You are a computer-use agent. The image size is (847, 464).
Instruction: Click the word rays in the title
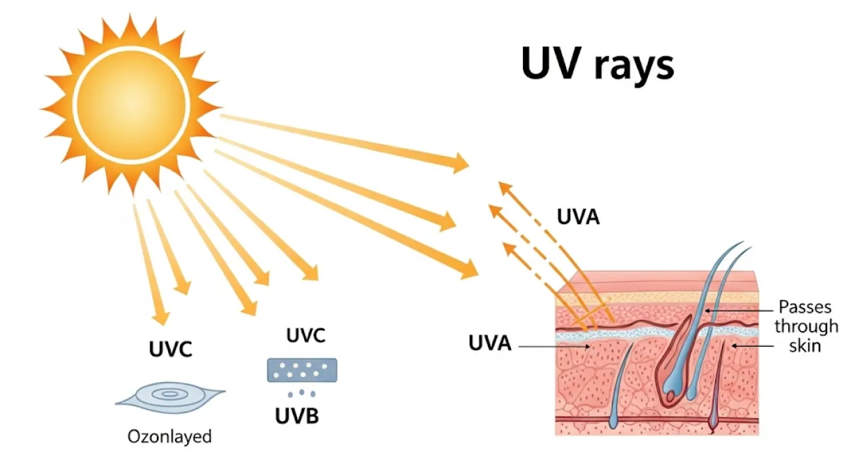pyautogui.click(x=632, y=65)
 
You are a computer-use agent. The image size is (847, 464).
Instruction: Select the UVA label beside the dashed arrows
pyautogui.click(x=578, y=217)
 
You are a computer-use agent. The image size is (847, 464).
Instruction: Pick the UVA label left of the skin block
pyautogui.click(x=489, y=345)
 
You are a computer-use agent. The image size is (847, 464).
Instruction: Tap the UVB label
pyautogui.click(x=296, y=416)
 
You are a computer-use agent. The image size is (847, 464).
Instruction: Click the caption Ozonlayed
pyautogui.click(x=169, y=436)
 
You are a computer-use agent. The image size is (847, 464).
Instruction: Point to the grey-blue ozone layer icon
pyautogui.click(x=169, y=397)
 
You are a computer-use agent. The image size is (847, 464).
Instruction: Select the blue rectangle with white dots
pyautogui.click(x=302, y=370)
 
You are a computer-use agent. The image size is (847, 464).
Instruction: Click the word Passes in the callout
pyautogui.click(x=805, y=308)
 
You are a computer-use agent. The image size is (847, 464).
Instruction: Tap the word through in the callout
pyautogui.click(x=806, y=327)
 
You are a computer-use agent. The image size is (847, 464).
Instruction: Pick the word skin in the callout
pyautogui.click(x=806, y=346)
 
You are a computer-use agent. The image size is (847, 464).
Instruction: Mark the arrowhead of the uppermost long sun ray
pyautogui.click(x=460, y=163)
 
